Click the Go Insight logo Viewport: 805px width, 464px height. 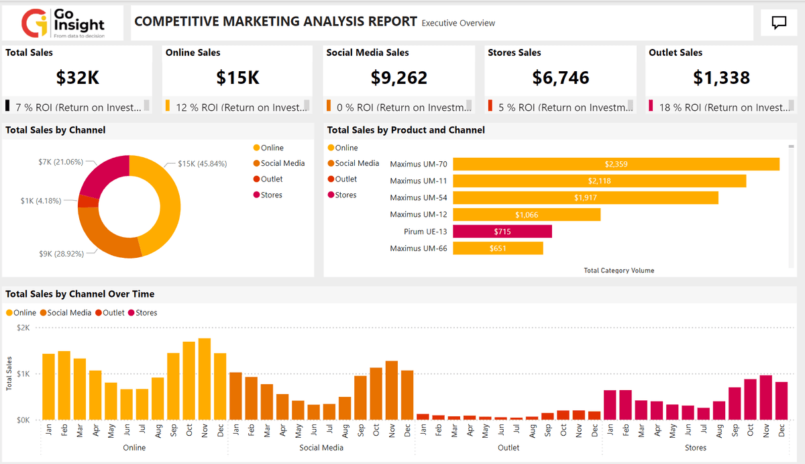(x=63, y=24)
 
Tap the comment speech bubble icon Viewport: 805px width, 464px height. (x=779, y=23)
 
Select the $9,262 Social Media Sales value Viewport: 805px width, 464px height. (x=398, y=78)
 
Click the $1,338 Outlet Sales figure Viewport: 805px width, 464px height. (x=721, y=78)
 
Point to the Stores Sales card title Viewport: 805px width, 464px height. (x=514, y=52)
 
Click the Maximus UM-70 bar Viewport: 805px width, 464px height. (x=616, y=164)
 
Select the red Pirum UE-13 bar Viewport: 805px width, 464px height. (x=502, y=232)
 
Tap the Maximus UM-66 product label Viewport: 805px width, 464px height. (x=418, y=248)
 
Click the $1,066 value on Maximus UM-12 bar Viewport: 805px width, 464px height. (x=526, y=215)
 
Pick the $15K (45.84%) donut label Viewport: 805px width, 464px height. (x=202, y=164)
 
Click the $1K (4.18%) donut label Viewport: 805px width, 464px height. (x=42, y=201)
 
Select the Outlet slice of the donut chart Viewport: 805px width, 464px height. (x=87, y=201)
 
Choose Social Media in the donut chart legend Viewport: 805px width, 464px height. (x=282, y=163)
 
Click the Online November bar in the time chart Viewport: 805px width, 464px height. (x=205, y=379)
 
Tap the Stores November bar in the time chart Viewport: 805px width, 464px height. (x=765, y=398)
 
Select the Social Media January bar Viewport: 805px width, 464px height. (x=235, y=396)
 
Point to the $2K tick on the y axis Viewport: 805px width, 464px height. (x=23, y=328)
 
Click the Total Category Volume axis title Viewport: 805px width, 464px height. (x=619, y=271)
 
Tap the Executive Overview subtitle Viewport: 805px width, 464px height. (x=458, y=23)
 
